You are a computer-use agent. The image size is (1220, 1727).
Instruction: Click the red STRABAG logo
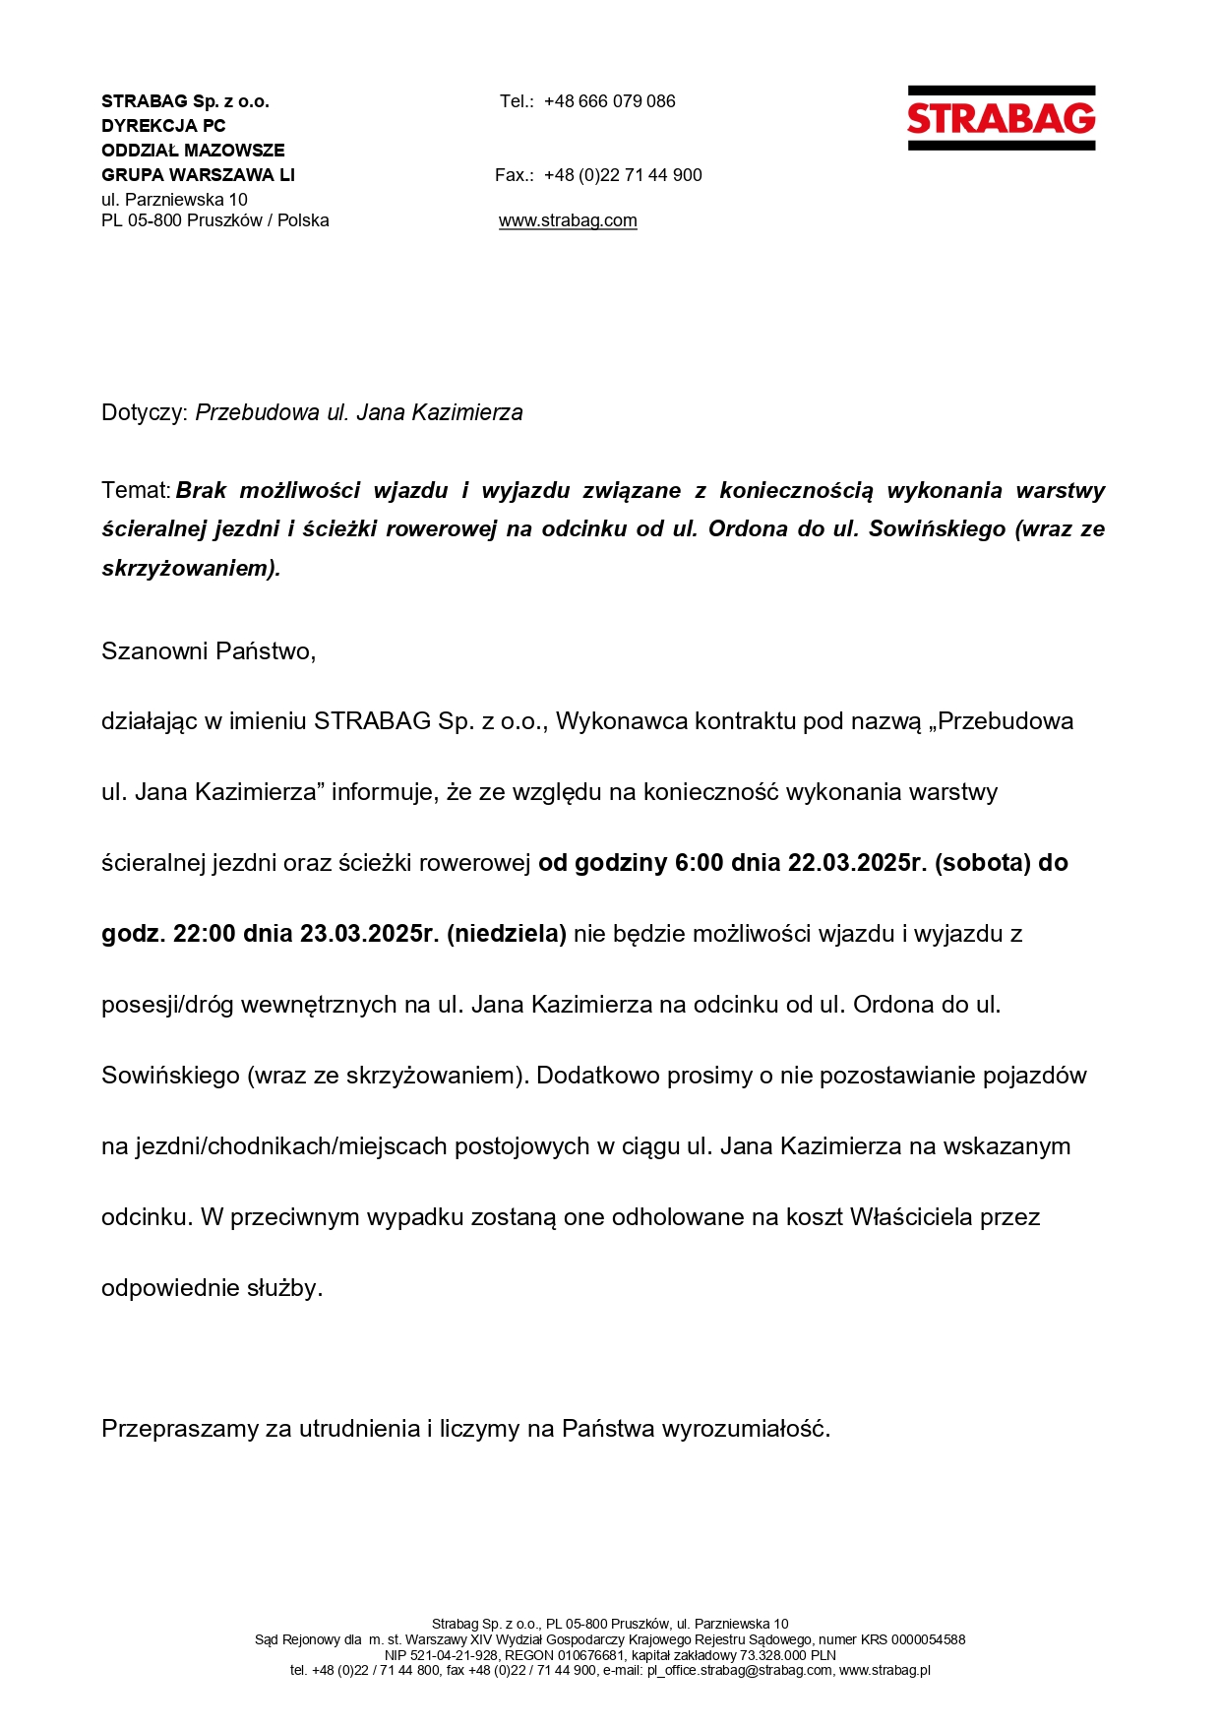pos(1001,118)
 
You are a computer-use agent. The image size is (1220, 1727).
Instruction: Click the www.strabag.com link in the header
pos(568,220)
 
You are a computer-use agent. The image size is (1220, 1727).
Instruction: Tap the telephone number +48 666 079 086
pos(609,101)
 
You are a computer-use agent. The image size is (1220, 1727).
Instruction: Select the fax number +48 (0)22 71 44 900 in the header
pos(623,175)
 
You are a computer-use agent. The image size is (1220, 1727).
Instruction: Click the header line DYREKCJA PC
pos(163,126)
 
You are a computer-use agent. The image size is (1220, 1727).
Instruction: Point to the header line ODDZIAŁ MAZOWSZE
pos(193,151)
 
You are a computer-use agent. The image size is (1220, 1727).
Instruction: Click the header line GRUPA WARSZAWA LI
pos(198,175)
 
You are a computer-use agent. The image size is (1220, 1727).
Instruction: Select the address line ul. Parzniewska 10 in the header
pos(174,200)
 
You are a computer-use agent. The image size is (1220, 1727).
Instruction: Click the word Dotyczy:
pos(144,412)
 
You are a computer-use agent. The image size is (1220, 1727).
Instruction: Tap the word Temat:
pos(136,490)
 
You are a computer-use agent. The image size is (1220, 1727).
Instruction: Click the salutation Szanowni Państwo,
pos(209,651)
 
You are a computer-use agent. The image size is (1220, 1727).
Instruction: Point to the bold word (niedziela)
pos(507,934)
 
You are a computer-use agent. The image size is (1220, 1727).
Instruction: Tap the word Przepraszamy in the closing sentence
pos(180,1429)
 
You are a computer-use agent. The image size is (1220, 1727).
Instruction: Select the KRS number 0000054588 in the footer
pos(928,1639)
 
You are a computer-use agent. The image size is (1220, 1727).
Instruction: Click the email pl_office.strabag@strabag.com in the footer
pos(739,1670)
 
